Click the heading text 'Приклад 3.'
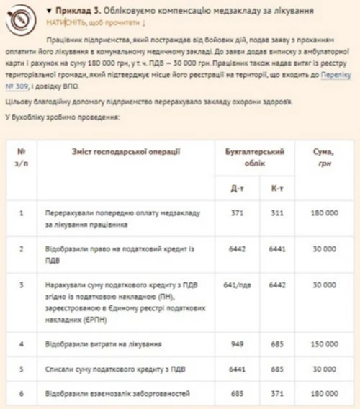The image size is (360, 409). point(75,12)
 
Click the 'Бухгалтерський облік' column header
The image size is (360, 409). point(255,157)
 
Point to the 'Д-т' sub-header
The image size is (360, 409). point(236,189)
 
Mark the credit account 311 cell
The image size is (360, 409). point(276,214)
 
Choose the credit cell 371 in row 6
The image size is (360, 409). point(276,394)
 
